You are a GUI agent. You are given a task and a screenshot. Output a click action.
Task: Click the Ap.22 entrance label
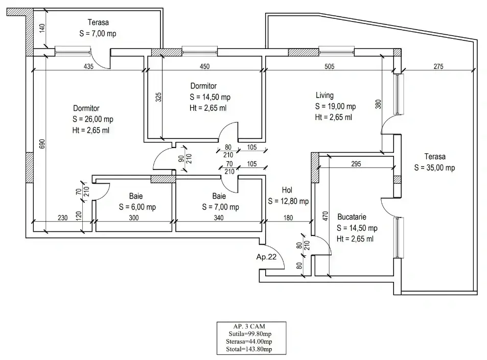click(266, 257)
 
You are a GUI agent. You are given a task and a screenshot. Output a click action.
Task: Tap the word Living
click(324, 95)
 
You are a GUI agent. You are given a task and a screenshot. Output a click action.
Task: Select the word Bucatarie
click(352, 217)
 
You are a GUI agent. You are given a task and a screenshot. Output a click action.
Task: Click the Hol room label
click(287, 190)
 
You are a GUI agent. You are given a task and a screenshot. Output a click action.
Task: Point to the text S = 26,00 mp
click(93, 119)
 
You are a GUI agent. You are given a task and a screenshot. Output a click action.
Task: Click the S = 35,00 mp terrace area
click(434, 167)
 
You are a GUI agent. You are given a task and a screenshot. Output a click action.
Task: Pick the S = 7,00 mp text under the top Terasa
click(98, 34)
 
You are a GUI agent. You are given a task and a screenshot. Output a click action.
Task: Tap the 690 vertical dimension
click(42, 143)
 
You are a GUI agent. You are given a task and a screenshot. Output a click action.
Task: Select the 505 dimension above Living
click(330, 66)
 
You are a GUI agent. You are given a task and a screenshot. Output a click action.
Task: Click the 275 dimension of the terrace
click(438, 66)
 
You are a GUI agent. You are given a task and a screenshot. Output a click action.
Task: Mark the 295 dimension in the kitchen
click(356, 164)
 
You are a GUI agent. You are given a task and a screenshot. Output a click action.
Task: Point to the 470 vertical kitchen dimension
click(325, 216)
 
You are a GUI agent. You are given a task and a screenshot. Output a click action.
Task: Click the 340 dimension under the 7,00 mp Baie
click(219, 218)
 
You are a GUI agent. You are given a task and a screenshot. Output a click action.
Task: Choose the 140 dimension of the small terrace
click(42, 28)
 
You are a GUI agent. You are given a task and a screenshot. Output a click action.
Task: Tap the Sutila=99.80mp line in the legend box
click(250, 334)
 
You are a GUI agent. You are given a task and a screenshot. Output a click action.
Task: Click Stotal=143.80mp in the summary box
click(249, 349)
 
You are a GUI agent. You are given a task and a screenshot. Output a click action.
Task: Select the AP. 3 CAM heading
click(249, 326)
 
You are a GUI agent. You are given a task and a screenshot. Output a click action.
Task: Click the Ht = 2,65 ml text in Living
click(334, 117)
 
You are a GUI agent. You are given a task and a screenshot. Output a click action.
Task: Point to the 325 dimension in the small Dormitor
click(158, 97)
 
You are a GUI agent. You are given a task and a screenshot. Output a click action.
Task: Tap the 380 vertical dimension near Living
click(378, 104)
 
